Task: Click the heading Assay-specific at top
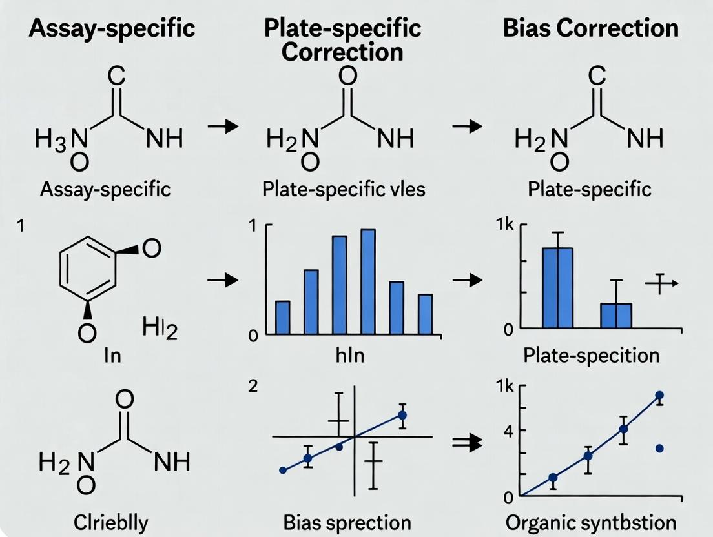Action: (95, 28)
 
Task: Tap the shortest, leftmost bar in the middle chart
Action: (282, 317)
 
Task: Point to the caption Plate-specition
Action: (591, 356)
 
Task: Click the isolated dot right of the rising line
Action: (659, 448)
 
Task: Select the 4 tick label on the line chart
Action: (508, 430)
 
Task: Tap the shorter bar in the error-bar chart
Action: (615, 315)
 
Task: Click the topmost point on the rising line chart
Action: (659, 395)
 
